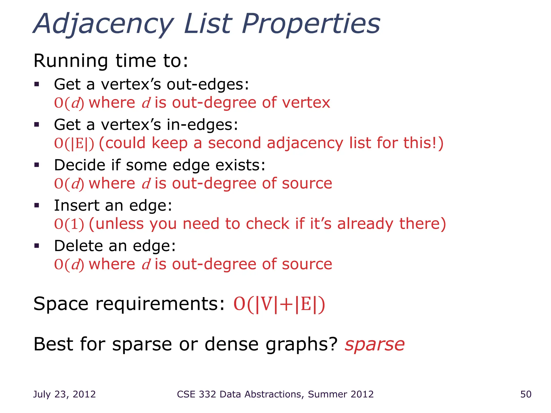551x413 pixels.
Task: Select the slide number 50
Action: pos(526,394)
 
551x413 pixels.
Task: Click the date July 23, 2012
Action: pos(64,394)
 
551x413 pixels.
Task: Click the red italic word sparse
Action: pos(375,344)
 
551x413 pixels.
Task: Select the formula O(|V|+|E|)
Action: pos(279,304)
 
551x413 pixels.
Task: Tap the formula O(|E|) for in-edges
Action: pos(74,143)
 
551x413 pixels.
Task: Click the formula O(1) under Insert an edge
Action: pos(69,224)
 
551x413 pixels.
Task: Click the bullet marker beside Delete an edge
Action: pos(37,245)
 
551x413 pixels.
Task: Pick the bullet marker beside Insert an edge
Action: pos(37,205)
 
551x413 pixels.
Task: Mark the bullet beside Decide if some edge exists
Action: pos(37,165)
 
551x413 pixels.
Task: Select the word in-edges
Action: pos(202,125)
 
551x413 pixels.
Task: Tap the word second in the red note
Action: pos(234,143)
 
